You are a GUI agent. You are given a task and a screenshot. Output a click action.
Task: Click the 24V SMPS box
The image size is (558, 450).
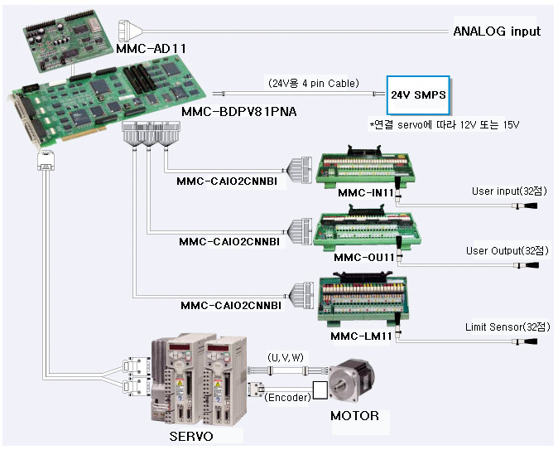coord(419,95)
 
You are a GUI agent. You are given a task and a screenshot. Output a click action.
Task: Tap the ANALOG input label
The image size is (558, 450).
coord(496,31)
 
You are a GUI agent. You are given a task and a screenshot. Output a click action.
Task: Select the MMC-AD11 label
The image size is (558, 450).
coord(151,48)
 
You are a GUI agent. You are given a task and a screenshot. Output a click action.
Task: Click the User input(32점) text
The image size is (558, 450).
coord(506,191)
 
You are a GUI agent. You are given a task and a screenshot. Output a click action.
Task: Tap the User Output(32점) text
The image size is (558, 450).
coord(507,250)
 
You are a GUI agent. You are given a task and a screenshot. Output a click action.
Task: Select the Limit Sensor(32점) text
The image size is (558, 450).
coord(507,317)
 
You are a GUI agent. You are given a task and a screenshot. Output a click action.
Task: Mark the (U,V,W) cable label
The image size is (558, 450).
coord(284,356)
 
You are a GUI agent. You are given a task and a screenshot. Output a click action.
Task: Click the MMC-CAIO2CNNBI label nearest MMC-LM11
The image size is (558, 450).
coord(231,305)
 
